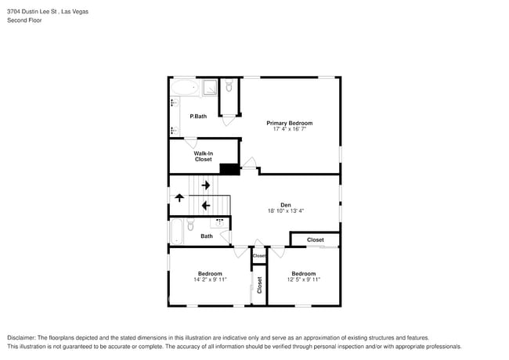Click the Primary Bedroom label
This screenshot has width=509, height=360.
point(289,123)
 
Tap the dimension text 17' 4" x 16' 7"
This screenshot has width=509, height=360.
point(289,129)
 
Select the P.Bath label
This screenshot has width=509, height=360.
point(198,117)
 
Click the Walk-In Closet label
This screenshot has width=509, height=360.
point(203,157)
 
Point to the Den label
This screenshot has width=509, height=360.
point(285,205)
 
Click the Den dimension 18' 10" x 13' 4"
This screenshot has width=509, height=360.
point(285,211)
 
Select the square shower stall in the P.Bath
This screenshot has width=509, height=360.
point(209,88)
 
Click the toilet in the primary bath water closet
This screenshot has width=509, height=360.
point(229,87)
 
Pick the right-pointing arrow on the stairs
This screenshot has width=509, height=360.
point(206,185)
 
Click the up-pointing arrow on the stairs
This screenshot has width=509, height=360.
point(179,198)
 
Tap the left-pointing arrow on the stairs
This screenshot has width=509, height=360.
point(206,206)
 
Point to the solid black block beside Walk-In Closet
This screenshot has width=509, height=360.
point(229,168)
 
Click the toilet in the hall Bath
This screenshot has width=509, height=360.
point(190,225)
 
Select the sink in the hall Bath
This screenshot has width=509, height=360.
point(220,223)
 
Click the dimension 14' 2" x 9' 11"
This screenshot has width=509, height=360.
point(209,279)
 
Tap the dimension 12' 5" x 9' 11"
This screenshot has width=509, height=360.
point(303,279)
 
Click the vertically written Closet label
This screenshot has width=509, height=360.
point(259,286)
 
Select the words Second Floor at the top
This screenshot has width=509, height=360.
point(26,20)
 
